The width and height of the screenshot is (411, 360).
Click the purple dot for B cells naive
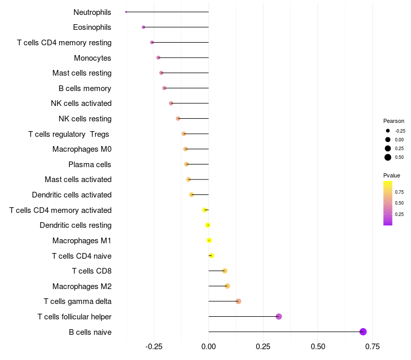click(363, 332)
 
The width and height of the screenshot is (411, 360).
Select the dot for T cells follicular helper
click(279, 316)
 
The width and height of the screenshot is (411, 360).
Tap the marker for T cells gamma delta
click(238, 301)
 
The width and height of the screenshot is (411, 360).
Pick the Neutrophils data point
click(126, 12)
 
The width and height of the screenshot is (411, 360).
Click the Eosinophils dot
click(143, 27)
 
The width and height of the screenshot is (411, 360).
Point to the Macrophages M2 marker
click(227, 286)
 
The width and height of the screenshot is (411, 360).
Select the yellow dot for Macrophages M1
click(209, 240)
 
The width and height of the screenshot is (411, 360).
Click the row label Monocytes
click(92, 58)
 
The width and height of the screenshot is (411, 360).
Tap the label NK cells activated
click(81, 103)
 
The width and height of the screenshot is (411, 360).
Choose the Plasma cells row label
click(90, 165)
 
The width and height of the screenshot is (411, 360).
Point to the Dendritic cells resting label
click(76, 225)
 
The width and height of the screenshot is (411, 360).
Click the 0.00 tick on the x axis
click(209, 347)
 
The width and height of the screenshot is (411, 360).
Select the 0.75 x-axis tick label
click(372, 347)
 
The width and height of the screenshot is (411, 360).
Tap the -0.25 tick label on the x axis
click(154, 347)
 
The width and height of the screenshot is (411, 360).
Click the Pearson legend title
click(394, 121)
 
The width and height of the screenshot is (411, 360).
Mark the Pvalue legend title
click(391, 175)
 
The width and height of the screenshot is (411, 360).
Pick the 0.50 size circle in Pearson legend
click(388, 157)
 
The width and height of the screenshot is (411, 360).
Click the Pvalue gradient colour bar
click(388, 203)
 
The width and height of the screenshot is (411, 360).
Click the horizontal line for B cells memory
click(186, 88)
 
